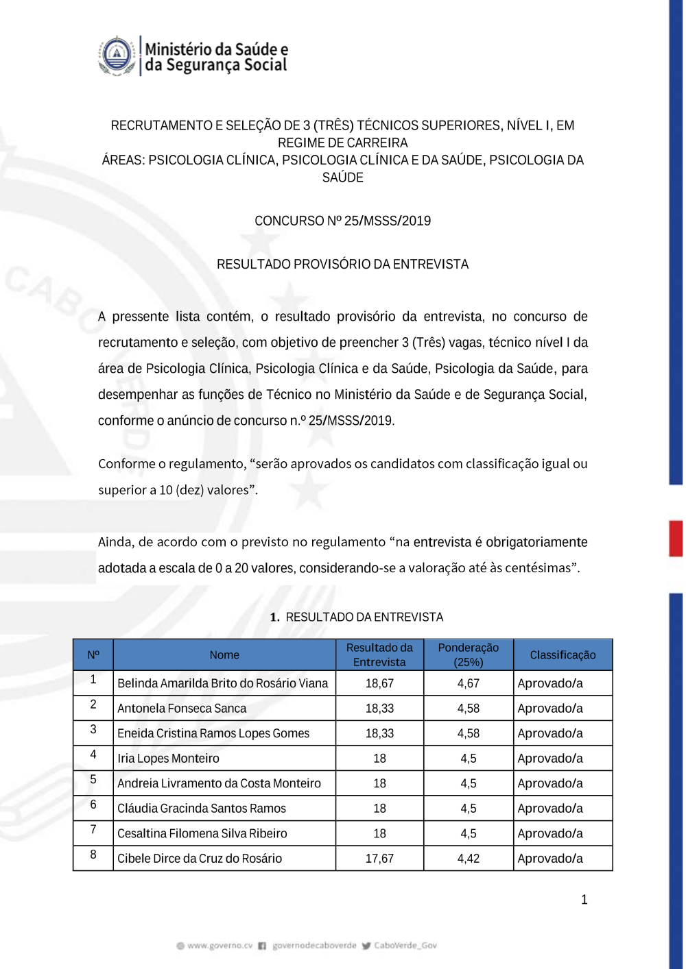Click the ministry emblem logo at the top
(117, 56)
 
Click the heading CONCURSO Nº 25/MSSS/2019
(342, 221)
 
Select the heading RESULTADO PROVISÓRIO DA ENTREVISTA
(342, 265)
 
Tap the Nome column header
(224, 655)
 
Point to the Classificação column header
(563, 655)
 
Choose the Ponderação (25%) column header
(469, 655)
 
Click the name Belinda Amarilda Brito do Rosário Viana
(222, 683)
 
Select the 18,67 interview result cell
(379, 683)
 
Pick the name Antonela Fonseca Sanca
(182, 709)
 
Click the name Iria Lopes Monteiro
(168, 759)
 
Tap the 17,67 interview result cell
(379, 859)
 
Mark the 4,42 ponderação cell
(469, 859)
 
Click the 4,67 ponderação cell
(469, 683)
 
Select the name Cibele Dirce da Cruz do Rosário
(200, 859)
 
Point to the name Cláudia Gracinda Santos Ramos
(202, 809)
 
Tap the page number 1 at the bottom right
(584, 900)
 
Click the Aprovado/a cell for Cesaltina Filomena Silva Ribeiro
(550, 834)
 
